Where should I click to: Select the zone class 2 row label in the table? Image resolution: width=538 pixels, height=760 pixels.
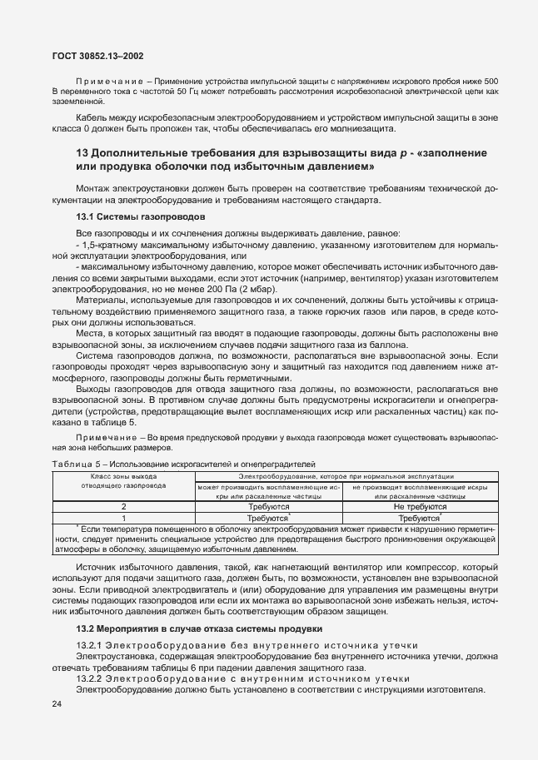click(x=123, y=506)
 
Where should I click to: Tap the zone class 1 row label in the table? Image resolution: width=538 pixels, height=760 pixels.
click(x=123, y=517)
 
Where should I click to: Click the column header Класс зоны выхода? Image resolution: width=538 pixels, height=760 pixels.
click(x=123, y=475)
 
